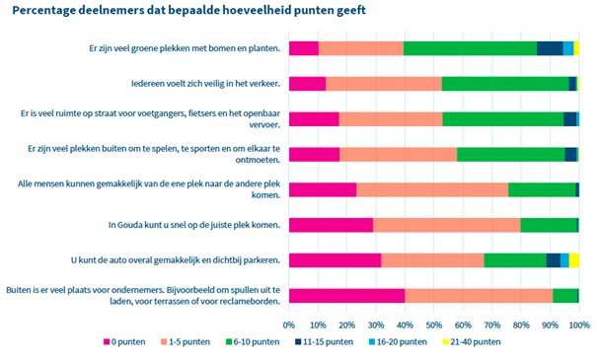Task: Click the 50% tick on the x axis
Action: (434, 323)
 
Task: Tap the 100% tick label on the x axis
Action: (579, 323)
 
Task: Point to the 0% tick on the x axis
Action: (289, 323)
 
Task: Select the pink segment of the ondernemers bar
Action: (346, 296)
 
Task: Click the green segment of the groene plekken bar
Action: (470, 48)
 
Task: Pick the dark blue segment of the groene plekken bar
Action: (550, 48)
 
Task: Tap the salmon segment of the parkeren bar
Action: (432, 260)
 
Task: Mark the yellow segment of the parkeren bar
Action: (574, 260)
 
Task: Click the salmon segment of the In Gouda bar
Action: (446, 225)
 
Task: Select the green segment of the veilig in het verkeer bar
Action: (504, 84)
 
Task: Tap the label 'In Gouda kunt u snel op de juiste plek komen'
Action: (193, 225)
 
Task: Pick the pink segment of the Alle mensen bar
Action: (323, 189)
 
